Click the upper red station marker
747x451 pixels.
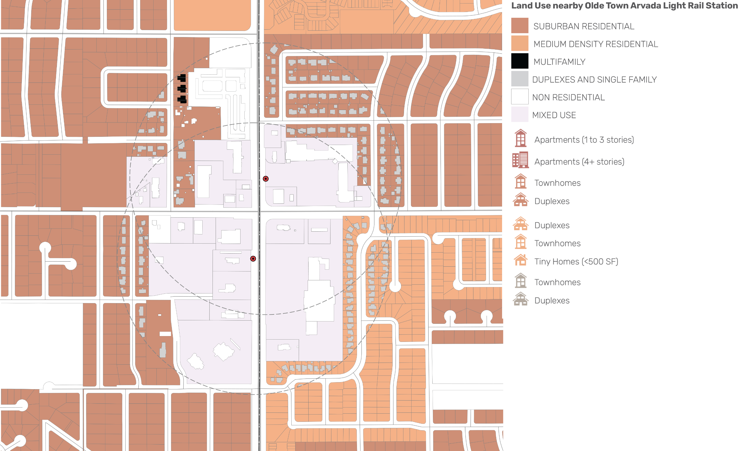(266, 179)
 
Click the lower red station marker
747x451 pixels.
(253, 259)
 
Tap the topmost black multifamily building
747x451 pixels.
(182, 78)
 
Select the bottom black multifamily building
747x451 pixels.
(182, 99)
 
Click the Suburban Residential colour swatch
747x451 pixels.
(520, 25)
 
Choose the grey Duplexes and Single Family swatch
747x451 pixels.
(520, 79)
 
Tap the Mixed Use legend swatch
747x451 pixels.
(520, 114)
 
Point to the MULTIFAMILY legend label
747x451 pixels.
(559, 62)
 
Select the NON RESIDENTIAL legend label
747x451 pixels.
(568, 97)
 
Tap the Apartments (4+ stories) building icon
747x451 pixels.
(520, 160)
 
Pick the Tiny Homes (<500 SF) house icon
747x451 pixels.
(520, 260)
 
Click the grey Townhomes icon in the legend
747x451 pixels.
(520, 280)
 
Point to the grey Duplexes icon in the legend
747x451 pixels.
(520, 299)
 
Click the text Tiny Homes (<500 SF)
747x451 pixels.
(576, 261)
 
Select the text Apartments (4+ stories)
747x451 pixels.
(579, 162)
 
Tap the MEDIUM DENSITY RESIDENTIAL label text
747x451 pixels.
(596, 44)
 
